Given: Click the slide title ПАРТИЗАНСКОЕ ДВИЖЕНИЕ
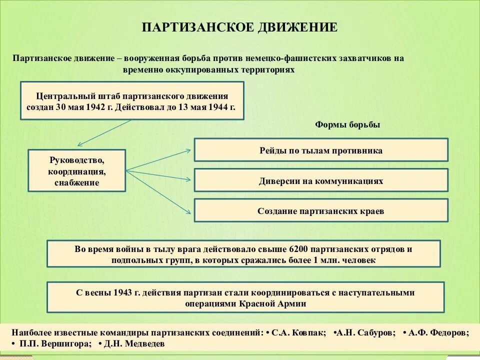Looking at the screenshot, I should [x=240, y=27].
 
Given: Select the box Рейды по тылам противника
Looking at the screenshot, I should [x=321, y=150].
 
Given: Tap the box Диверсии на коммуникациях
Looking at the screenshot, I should [x=321, y=181].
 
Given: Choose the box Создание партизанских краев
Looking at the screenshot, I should [x=321, y=211].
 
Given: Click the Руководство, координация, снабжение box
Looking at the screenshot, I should [x=77, y=171].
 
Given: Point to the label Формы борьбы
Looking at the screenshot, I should [x=347, y=124].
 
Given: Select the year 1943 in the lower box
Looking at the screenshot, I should [x=124, y=292].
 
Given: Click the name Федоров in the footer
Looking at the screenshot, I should [x=449, y=332].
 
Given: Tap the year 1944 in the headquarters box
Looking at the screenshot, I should [x=216, y=107].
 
